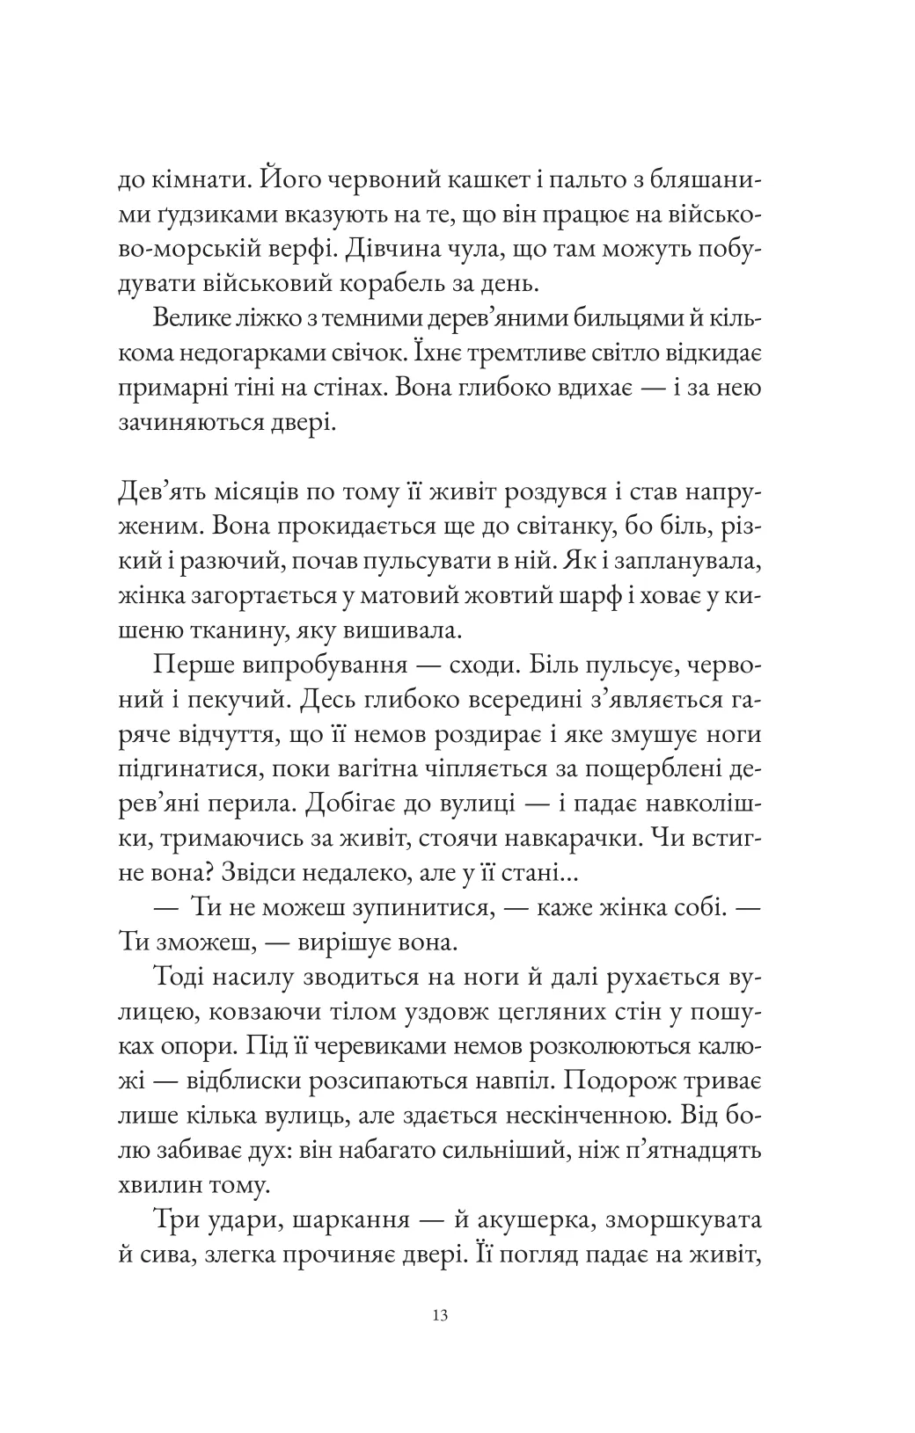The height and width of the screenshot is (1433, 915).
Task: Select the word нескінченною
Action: [580, 1110]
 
